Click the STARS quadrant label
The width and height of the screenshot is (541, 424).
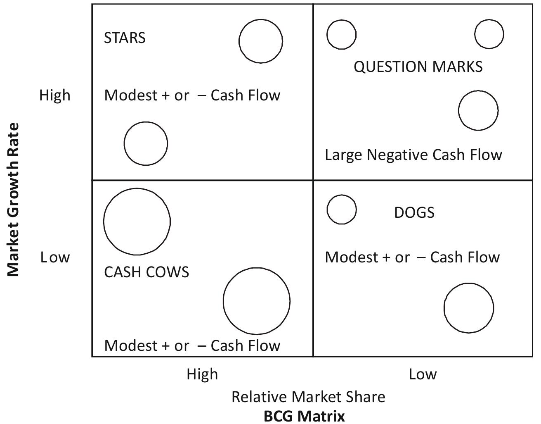(x=125, y=38)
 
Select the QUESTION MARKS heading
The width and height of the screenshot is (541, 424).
(x=418, y=67)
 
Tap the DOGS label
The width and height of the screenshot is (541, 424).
(x=414, y=212)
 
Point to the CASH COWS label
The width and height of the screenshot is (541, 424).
(x=146, y=272)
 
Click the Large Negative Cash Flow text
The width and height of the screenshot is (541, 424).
(x=413, y=155)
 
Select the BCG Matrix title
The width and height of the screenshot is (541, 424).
(x=304, y=415)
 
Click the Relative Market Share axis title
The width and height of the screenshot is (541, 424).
(x=308, y=397)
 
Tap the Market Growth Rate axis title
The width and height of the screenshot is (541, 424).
(x=13, y=200)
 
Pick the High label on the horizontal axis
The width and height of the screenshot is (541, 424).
(x=202, y=374)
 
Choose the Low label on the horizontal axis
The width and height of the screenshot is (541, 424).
(x=423, y=374)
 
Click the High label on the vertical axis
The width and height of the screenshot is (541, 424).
(x=55, y=95)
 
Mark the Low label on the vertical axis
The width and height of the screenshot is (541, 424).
(x=55, y=257)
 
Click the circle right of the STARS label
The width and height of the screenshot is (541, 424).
(x=261, y=41)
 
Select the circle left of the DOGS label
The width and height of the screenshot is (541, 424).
(x=341, y=210)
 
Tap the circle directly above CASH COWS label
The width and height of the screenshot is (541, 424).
(x=137, y=222)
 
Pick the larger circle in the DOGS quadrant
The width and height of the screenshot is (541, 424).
(x=469, y=308)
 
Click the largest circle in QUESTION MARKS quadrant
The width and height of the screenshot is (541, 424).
(x=478, y=111)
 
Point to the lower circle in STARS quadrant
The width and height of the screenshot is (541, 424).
(x=146, y=143)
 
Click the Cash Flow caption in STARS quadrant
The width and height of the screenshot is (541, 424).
(x=192, y=95)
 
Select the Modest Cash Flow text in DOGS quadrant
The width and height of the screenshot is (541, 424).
(x=412, y=257)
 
